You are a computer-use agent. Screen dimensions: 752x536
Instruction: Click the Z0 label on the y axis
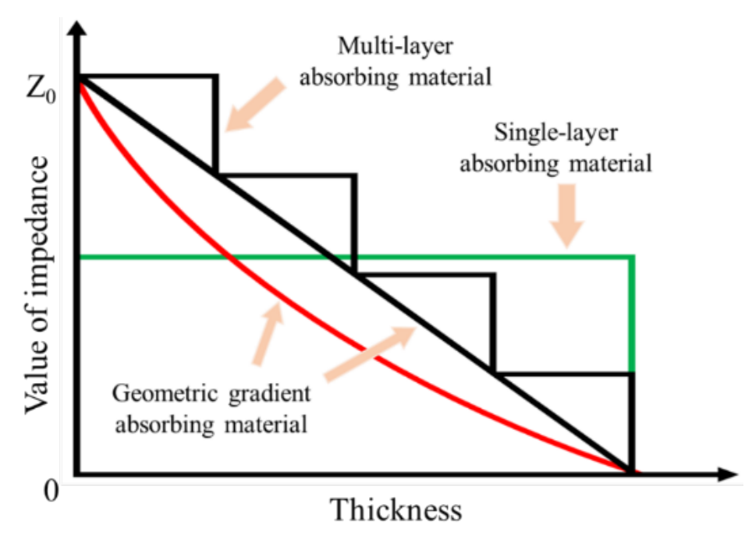point(41,90)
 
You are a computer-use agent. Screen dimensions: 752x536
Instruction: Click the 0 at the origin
point(51,491)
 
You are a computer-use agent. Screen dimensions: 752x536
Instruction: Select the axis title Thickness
point(396,509)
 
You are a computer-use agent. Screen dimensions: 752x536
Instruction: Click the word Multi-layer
point(396,47)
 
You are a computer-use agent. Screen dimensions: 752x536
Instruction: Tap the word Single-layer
point(556,133)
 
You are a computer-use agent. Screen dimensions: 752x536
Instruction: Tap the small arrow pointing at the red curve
point(268,333)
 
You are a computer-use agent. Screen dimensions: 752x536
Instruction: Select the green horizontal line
point(356,257)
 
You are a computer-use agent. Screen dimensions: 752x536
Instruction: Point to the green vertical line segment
point(632,314)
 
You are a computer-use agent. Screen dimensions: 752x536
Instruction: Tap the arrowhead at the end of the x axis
point(727,474)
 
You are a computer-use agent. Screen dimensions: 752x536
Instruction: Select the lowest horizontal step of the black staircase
point(564,373)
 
